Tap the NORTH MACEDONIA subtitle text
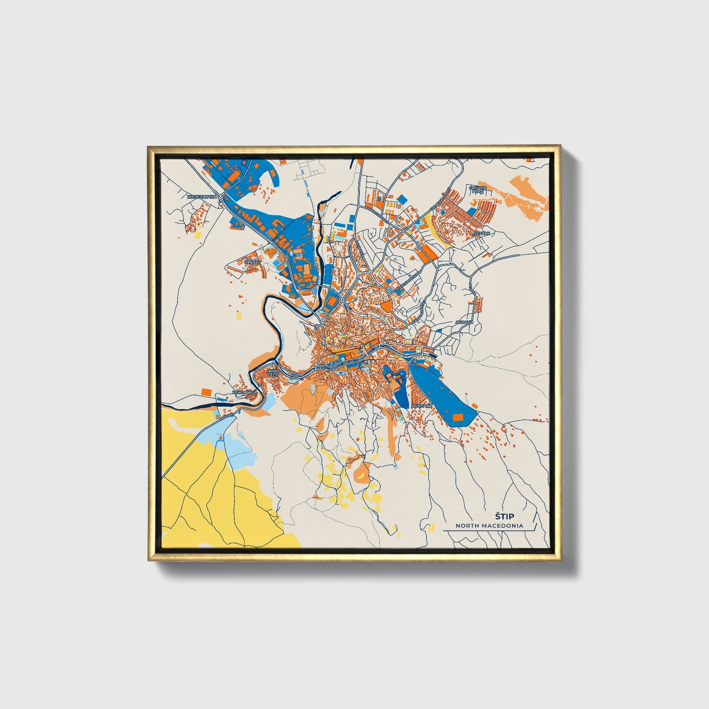click(489, 525)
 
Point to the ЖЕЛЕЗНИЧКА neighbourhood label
click(202, 197)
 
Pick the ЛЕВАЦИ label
click(464, 322)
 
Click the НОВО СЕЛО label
click(273, 373)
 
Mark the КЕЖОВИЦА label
click(244, 393)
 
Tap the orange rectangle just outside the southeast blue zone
click(474, 405)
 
